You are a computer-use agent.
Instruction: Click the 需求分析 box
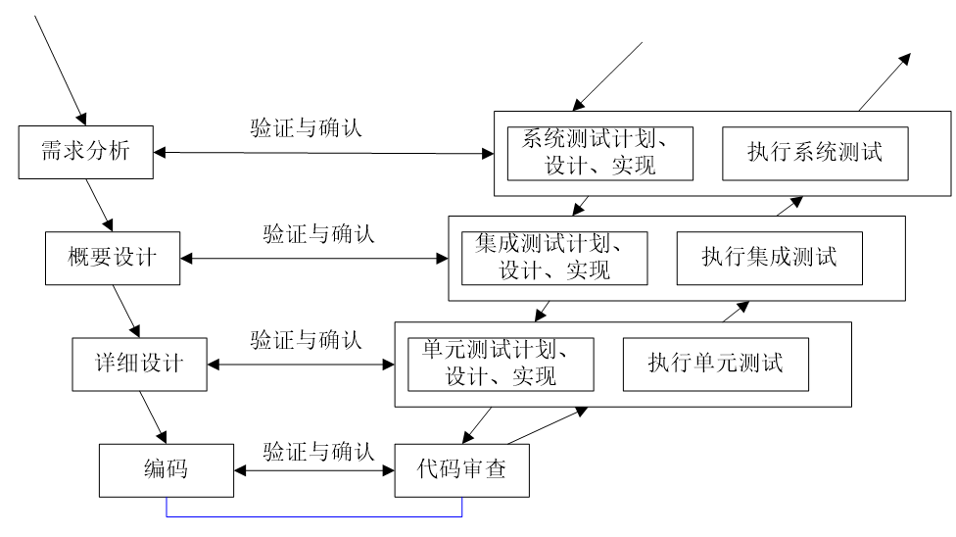coord(86,152)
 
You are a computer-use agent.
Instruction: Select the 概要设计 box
coord(113,258)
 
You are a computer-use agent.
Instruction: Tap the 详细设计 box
coord(140,364)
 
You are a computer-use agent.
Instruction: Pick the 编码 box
coord(167,469)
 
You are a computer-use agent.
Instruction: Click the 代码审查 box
coord(462,469)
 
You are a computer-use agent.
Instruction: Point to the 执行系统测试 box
coord(814,153)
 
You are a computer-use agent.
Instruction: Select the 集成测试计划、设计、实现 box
coord(554,258)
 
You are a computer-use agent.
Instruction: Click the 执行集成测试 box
coord(769,258)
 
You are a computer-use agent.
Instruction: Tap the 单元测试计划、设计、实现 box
coord(501,364)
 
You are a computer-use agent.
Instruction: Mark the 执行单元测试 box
coord(715,364)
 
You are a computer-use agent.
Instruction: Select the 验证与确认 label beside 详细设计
coord(307,341)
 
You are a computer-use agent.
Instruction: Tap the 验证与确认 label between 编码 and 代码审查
coord(318,452)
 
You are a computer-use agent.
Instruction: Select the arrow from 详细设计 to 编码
coord(154,416)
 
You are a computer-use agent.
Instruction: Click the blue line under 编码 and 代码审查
coord(314,516)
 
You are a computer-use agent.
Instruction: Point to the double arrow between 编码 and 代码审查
coord(314,470)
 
